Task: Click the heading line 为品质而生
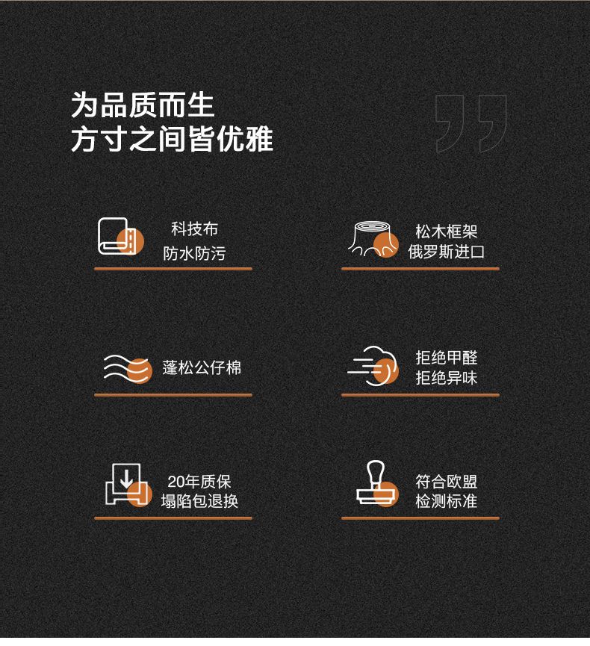coord(143,105)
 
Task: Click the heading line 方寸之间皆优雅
coord(172,139)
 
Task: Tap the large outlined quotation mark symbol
coord(471,123)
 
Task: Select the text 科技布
coord(194,229)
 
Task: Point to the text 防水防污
coord(194,253)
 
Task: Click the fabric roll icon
coord(121,237)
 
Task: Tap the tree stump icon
coord(373,240)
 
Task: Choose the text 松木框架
coord(446,232)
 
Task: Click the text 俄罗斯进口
coord(446,252)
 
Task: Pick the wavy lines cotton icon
coord(128,369)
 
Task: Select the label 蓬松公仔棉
coord(202,368)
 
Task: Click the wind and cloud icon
coord(373,366)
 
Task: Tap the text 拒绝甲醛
coord(446,358)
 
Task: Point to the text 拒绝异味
coord(446,378)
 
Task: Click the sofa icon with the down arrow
coord(128,485)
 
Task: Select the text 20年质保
coord(199,482)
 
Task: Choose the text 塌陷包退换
coord(199,501)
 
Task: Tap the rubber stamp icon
coord(377,484)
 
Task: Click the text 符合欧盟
coord(446,482)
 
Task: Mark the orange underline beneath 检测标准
coord(420,518)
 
